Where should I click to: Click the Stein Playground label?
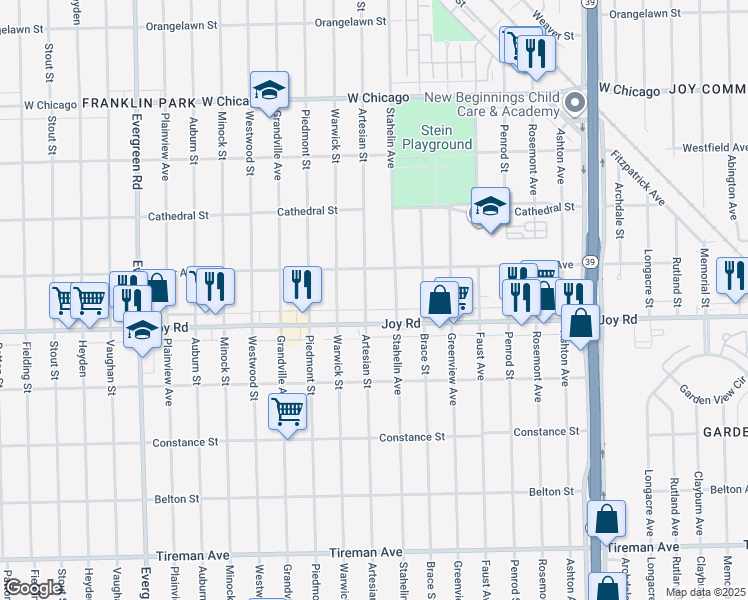click(436, 138)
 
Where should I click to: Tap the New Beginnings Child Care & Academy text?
click(491, 104)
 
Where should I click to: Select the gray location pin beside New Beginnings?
click(575, 102)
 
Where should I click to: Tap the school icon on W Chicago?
click(269, 91)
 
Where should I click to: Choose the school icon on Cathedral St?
click(490, 207)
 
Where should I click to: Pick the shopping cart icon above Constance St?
click(287, 409)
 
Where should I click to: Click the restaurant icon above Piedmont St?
click(301, 285)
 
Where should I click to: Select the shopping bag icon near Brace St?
click(439, 300)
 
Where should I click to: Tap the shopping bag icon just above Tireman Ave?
click(606, 519)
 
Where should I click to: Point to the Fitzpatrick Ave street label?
click(639, 177)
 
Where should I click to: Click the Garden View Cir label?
click(713, 388)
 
